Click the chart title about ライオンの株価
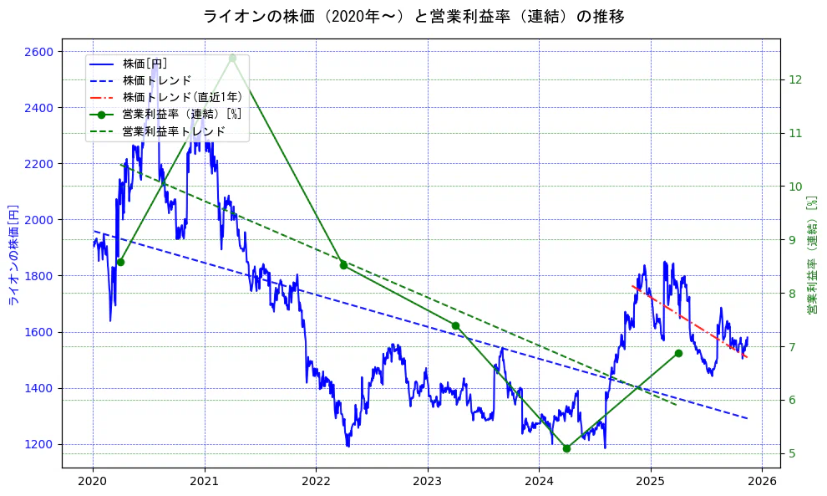413,17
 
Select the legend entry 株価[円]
145,64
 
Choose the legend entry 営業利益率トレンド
173,131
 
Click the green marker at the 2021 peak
232,58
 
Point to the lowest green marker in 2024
566,448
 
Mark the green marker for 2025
678,353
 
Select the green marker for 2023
455,325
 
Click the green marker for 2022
343,265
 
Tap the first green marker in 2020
120,262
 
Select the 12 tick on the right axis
795,79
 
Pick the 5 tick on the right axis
792,453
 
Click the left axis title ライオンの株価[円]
13,253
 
